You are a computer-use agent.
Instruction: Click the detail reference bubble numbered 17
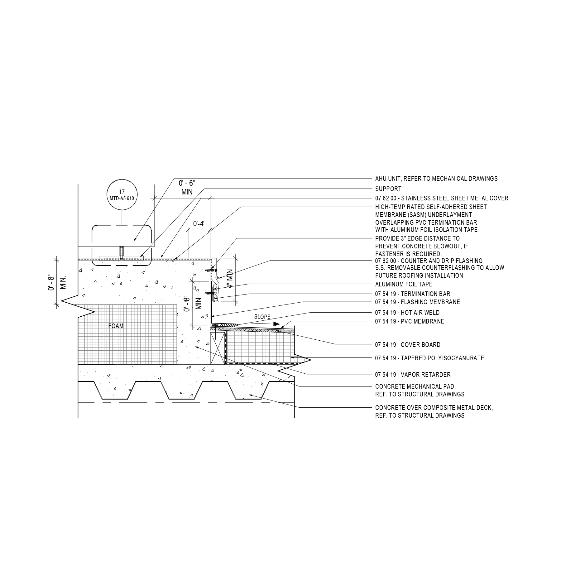pyautogui.click(x=122, y=195)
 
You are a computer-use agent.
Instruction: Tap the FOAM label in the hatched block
pyautogui.click(x=116, y=326)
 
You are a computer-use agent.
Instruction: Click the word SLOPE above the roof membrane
pyautogui.click(x=262, y=317)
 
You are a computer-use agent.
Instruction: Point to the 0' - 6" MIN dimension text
pyautogui.click(x=187, y=187)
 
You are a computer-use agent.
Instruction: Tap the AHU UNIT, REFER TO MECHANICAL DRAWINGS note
pyautogui.click(x=436, y=179)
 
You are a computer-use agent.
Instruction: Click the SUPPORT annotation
pyautogui.click(x=388, y=189)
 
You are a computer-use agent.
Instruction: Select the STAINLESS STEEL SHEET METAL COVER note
pyautogui.click(x=442, y=198)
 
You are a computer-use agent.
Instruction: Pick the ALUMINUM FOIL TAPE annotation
pyautogui.click(x=404, y=284)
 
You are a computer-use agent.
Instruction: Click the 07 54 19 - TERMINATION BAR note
pyautogui.click(x=413, y=294)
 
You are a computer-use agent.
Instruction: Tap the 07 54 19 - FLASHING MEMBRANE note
pyautogui.click(x=418, y=302)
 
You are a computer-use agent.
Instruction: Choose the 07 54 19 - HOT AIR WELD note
pyautogui.click(x=407, y=313)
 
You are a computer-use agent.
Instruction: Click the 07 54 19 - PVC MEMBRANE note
pyautogui.click(x=410, y=321)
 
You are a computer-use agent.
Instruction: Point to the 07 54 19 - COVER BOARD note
pyautogui.click(x=408, y=345)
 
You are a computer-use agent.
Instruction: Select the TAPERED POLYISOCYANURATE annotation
pyautogui.click(x=429, y=358)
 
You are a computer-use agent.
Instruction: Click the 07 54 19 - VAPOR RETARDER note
pyautogui.click(x=413, y=375)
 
